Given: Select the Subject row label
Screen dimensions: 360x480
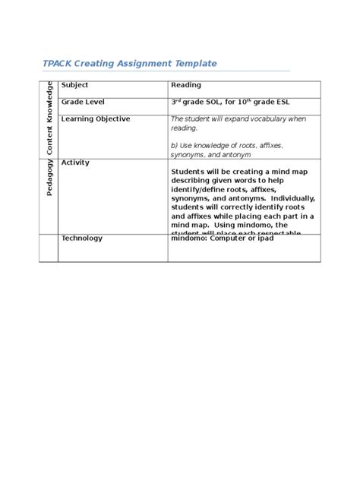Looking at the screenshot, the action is click(x=75, y=85).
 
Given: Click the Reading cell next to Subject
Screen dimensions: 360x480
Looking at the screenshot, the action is click(x=186, y=85).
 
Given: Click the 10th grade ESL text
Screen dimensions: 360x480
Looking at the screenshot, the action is click(x=265, y=102).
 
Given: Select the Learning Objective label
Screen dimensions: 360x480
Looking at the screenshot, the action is click(x=95, y=119).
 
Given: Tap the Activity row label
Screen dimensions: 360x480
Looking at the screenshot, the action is click(x=75, y=163).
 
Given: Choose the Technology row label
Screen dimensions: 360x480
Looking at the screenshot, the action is click(x=81, y=238).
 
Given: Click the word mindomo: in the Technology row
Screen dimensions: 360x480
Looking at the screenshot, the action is click(x=193, y=238).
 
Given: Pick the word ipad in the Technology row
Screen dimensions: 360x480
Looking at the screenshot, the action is click(x=266, y=238).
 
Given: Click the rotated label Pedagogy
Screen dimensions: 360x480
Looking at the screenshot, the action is click(x=49, y=178).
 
